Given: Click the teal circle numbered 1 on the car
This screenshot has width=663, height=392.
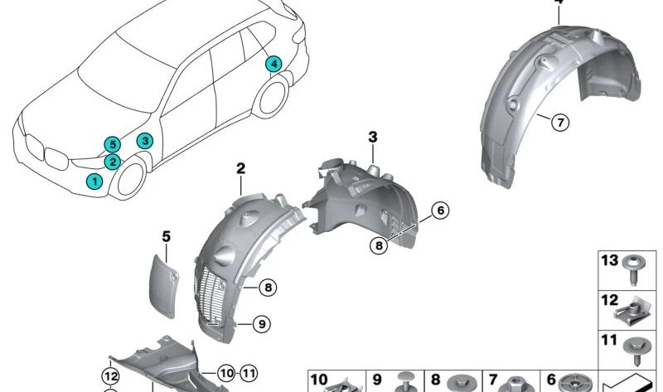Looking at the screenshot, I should pos(95,181).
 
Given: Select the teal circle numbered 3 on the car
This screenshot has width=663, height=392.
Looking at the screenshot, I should pos(144,142).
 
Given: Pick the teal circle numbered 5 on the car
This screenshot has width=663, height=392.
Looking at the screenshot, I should pos(112,144).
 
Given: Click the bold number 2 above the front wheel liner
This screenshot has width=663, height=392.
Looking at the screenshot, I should pos(240,169).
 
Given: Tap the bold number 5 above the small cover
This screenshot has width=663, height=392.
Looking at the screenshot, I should pos(166,237).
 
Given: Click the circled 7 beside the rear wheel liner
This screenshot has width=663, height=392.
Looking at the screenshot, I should pos(559,123).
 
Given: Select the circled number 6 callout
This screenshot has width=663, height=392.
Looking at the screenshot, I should pos(439,211).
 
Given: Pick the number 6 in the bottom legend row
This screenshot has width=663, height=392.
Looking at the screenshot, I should pos(551,380).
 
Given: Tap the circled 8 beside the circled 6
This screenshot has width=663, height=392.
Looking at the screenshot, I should pos(378,244).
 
